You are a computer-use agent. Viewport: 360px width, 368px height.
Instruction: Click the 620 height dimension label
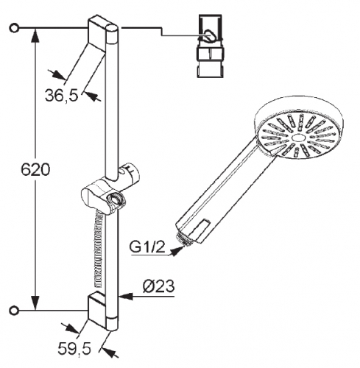point(35,170)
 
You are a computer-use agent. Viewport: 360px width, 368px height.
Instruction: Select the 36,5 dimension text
point(62,96)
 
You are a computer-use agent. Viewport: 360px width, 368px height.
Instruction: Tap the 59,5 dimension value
point(74,348)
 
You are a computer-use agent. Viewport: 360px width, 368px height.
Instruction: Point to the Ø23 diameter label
point(158,286)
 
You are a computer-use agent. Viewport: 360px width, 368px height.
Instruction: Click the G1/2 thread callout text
point(147,247)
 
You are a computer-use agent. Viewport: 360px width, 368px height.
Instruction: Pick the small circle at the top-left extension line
point(14,28)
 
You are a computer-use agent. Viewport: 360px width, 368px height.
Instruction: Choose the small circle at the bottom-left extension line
point(14,311)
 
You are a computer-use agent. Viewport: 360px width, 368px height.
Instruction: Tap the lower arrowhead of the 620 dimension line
point(36,302)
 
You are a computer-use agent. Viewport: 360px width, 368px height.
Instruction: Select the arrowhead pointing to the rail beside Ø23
point(126,296)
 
